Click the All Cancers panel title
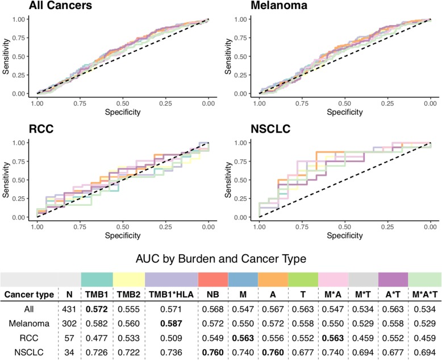click(47, 6)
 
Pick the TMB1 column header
click(97, 295)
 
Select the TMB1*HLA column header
click(171, 295)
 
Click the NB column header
click(213, 295)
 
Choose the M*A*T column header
click(424, 295)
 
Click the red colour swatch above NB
click(213, 279)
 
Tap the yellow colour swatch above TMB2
click(129, 279)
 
